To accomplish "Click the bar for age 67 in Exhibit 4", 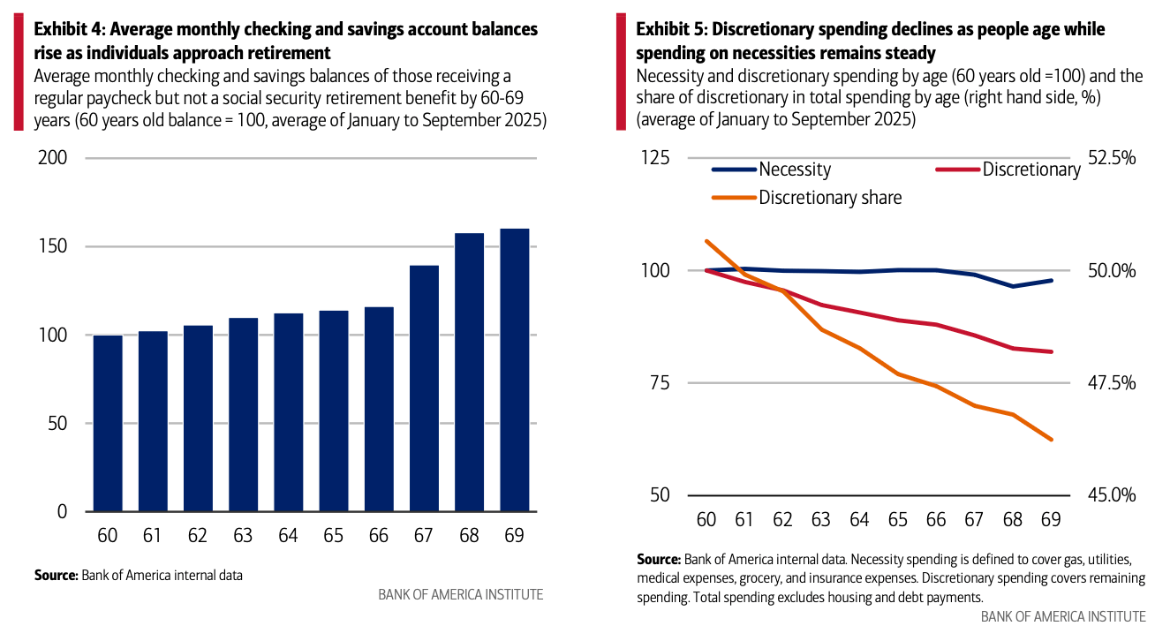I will (x=425, y=388).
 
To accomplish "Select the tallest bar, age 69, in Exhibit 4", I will (x=515, y=370).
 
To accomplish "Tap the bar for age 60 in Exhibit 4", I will (x=108, y=423).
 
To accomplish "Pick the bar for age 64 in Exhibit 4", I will (x=289, y=412).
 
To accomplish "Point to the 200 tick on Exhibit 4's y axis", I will (x=52, y=158).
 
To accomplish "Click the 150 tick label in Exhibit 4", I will (x=52, y=246).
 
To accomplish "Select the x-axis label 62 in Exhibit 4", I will (x=198, y=536).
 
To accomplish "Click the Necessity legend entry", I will (x=794, y=170).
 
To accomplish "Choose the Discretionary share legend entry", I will (x=830, y=198).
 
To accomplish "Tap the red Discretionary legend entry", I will (x=1030, y=170).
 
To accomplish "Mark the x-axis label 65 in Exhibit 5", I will (x=898, y=519).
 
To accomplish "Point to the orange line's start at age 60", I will (x=706, y=240).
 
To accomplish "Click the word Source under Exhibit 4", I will (x=56, y=575).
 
